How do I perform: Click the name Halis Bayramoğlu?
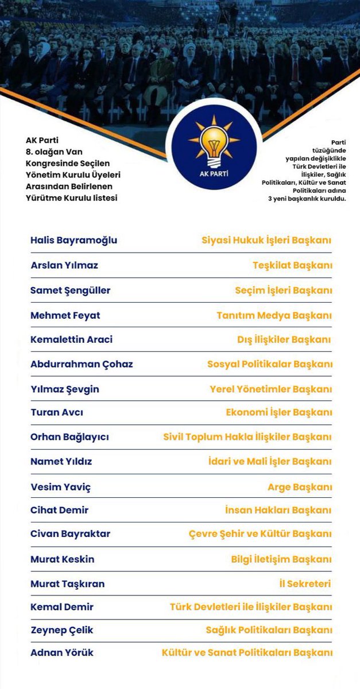coord(73,241)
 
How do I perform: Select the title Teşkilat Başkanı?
coord(292,265)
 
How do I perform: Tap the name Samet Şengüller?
coord(70,291)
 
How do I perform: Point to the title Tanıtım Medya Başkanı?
coord(274,315)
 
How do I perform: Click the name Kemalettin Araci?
coord(71,339)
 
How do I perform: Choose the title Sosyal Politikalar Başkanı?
coord(269,364)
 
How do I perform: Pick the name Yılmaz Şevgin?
coord(64,389)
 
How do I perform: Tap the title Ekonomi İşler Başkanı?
coord(278,412)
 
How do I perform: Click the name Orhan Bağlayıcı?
coord(69,437)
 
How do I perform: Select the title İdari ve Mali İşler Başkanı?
coord(278,462)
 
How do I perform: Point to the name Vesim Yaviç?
coord(60,487)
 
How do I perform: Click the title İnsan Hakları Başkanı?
coord(278,510)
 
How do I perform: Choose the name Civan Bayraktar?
coord(70,534)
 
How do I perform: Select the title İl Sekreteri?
coord(304,584)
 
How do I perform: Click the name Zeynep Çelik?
coord(62,630)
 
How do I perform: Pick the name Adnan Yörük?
coord(62,653)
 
